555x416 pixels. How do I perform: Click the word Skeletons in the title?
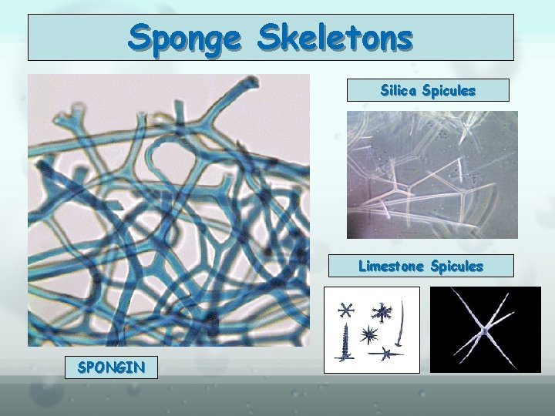click(x=335, y=36)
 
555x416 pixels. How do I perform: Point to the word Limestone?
click(x=391, y=267)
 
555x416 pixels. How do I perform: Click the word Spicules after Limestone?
click(x=457, y=267)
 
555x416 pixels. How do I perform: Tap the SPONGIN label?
click(x=111, y=367)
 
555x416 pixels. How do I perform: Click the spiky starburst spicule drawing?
click(x=368, y=334)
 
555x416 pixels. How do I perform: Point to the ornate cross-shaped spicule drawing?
click(x=382, y=311)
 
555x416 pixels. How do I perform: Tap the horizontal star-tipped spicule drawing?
click(x=385, y=354)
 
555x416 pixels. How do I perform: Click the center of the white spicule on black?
click(x=485, y=330)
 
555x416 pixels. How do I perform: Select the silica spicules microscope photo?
click(x=432, y=175)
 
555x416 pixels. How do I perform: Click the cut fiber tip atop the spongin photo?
click(x=251, y=81)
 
